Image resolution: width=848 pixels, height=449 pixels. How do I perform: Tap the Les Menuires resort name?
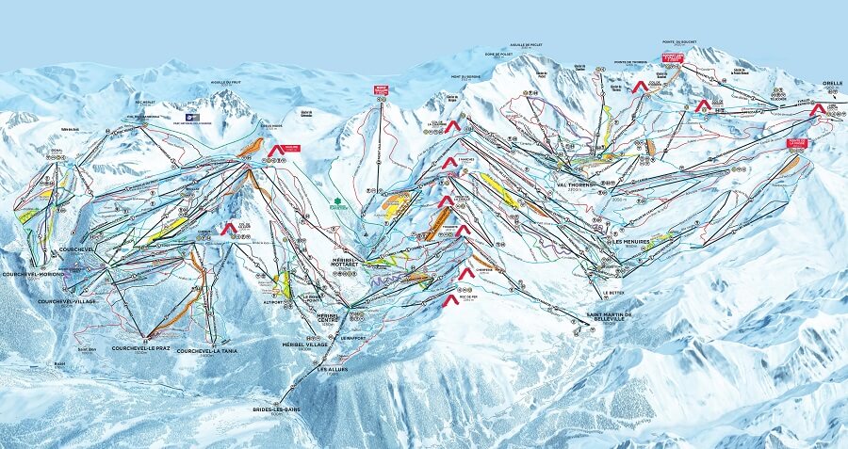pyautogui.click(x=623, y=241)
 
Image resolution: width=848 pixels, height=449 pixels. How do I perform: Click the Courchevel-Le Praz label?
pyautogui.click(x=140, y=347)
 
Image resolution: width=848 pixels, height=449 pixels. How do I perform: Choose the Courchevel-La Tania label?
pyautogui.click(x=209, y=351)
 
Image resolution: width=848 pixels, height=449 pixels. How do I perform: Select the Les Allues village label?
pyautogui.click(x=336, y=369)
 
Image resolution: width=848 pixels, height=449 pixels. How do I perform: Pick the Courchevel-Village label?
pyautogui.click(x=66, y=301)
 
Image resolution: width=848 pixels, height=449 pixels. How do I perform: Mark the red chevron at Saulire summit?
pyautogui.click(x=276, y=150)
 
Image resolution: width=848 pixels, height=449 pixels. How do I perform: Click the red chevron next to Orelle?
pyautogui.click(x=817, y=108)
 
